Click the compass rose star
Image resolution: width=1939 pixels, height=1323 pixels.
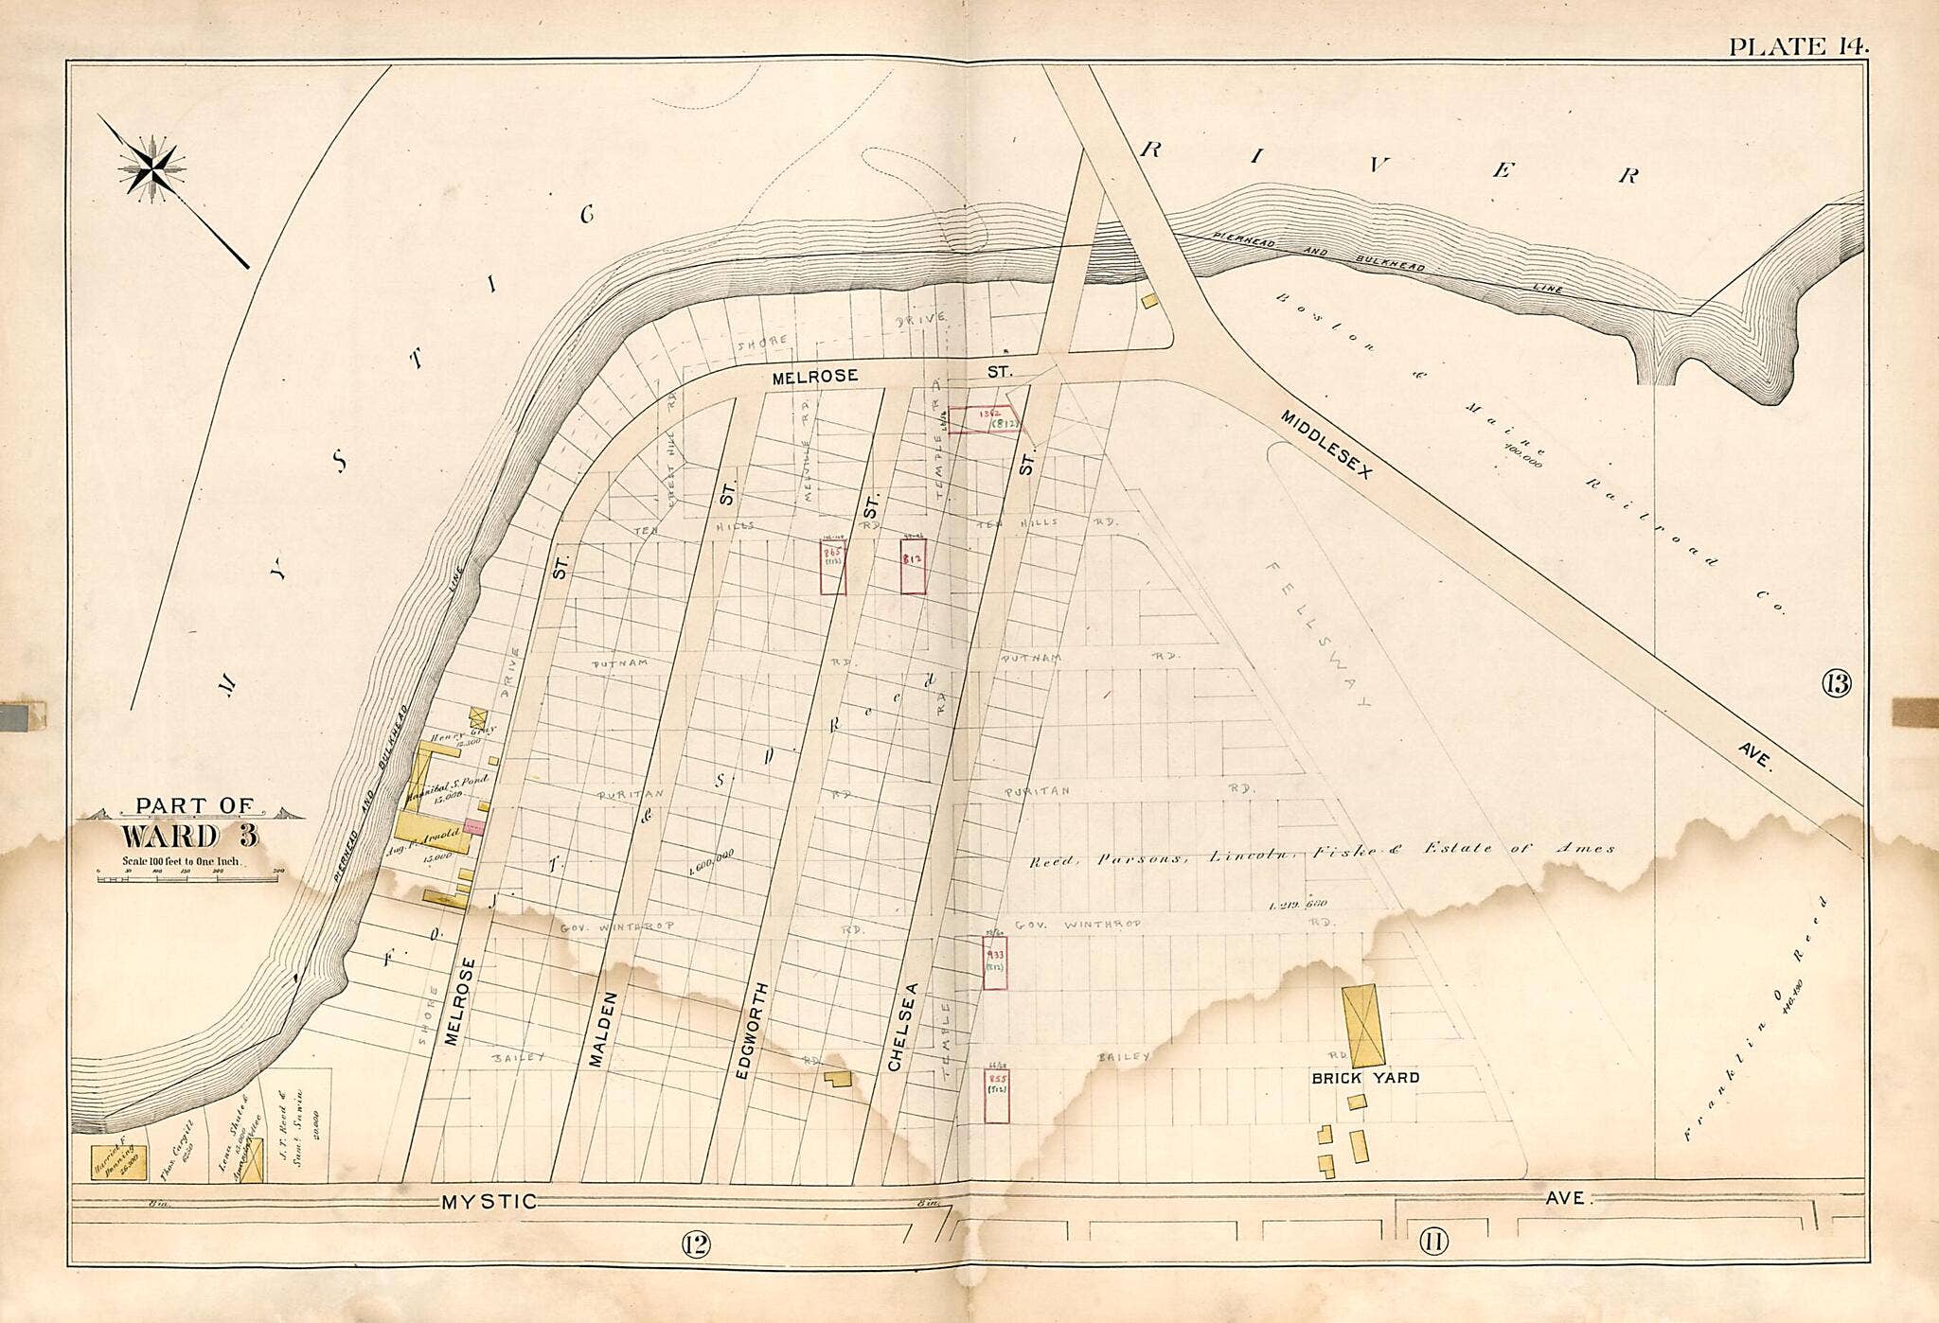(151, 169)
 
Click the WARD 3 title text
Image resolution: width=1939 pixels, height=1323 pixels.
(189, 837)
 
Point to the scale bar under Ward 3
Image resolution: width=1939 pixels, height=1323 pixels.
(189, 877)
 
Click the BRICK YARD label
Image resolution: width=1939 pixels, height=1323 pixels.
(1364, 1078)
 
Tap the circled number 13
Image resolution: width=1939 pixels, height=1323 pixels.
(1835, 682)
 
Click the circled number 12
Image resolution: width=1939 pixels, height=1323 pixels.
(695, 1244)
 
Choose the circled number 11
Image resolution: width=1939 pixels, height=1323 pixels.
(1432, 1242)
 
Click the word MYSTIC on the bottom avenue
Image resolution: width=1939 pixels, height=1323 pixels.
(489, 1202)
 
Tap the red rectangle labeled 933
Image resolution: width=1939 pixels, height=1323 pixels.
(994, 962)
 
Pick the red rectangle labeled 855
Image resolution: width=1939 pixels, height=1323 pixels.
(996, 1096)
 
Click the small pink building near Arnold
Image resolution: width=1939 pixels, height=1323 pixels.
(474, 827)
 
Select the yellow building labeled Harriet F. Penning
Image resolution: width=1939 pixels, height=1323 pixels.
(118, 1162)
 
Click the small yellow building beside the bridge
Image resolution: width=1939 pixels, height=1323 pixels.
(1150, 301)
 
